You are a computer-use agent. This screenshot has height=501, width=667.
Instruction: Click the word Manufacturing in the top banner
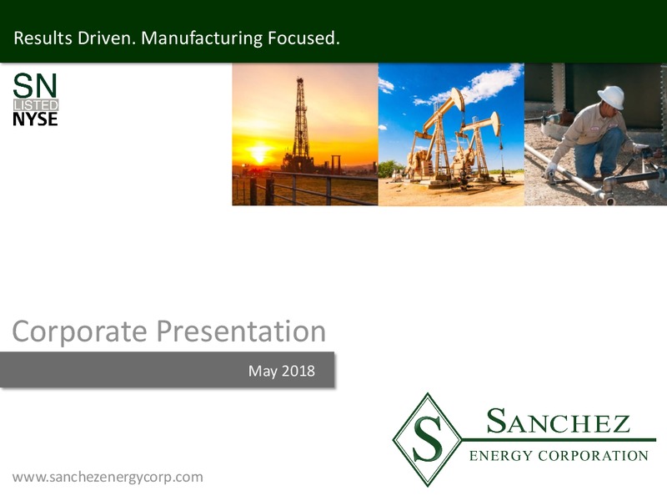click(202, 38)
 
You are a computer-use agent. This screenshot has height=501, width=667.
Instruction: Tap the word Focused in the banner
click(303, 38)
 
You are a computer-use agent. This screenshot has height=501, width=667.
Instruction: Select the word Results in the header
click(43, 38)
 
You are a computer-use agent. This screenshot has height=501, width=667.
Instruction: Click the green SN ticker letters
click(35, 86)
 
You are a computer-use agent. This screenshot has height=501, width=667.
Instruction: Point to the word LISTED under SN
click(36, 105)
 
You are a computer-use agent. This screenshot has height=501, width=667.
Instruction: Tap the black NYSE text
click(35, 119)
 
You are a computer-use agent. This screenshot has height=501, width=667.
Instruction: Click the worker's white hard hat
click(611, 97)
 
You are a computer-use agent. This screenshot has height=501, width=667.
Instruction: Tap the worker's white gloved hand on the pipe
click(550, 170)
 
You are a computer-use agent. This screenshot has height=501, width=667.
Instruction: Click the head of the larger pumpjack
click(458, 98)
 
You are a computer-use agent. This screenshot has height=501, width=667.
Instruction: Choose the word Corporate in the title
click(79, 331)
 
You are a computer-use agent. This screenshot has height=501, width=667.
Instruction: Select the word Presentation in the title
click(241, 331)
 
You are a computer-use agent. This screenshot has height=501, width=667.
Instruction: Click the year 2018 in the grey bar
click(298, 371)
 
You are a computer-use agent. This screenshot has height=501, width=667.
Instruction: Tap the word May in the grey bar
click(263, 372)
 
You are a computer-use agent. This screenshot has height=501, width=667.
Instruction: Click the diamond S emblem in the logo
click(427, 439)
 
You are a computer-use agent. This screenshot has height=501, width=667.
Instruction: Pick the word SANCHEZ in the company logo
click(558, 421)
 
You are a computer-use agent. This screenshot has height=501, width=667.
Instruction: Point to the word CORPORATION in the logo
click(593, 456)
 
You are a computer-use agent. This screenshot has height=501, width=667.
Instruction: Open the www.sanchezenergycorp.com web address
click(108, 477)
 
